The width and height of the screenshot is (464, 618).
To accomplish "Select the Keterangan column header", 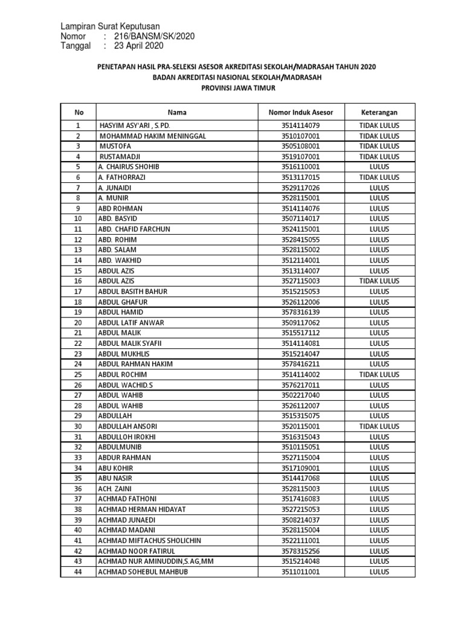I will pos(379,112).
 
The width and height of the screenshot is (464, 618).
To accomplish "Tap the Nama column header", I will pos(177,112).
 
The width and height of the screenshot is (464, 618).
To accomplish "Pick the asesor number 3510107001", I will pos(300,136).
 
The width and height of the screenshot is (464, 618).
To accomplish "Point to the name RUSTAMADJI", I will pos(120,156).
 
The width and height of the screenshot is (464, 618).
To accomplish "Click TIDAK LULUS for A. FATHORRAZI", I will pos(379,177).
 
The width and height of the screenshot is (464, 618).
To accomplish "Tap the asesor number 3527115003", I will pos(300,281).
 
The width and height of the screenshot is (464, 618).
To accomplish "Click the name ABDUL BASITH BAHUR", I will pos(132,291).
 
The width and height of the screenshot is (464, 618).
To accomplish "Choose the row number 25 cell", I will pos(77,374).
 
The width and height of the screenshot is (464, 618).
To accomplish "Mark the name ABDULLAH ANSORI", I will pos(128,426).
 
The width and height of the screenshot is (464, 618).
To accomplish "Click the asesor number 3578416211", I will pos(300,364).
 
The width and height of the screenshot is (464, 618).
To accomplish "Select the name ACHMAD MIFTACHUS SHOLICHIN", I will pos(149,540).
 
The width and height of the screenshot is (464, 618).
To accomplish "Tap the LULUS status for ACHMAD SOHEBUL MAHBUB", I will pos(379,572).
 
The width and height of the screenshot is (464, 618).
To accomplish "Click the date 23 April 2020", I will pos(137,46).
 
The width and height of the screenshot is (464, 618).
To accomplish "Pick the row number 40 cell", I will pos(77,530).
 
